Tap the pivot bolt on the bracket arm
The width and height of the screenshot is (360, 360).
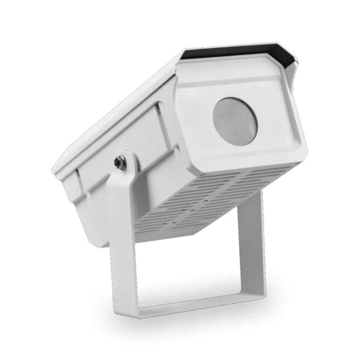point(122,162)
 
